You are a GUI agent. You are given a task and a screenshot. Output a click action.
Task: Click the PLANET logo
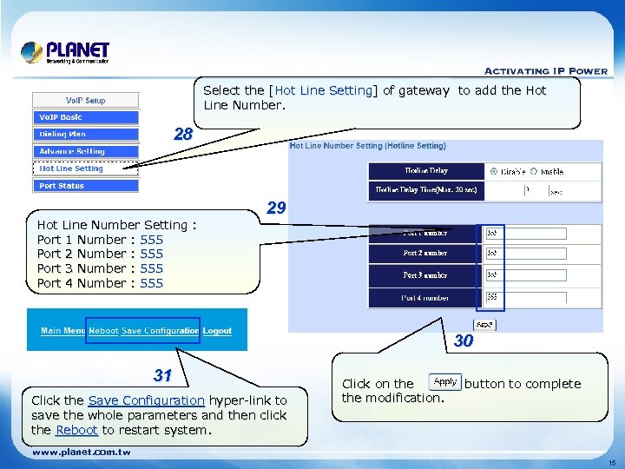pyautogui.click(x=65, y=52)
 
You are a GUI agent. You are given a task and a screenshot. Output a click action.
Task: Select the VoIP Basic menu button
pyautogui.click(x=85, y=117)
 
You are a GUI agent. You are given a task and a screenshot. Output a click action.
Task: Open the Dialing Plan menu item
pyautogui.click(x=85, y=135)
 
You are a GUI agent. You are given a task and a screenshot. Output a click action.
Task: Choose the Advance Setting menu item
pyautogui.click(x=85, y=151)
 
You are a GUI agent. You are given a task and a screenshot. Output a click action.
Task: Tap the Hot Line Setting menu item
pyautogui.click(x=85, y=168)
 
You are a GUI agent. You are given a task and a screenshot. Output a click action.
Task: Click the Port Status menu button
pyautogui.click(x=85, y=186)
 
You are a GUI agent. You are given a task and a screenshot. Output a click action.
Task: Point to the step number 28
pyautogui.click(x=182, y=135)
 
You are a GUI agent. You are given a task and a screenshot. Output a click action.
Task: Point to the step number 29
pyautogui.click(x=276, y=208)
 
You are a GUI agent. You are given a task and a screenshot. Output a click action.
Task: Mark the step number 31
pyautogui.click(x=162, y=376)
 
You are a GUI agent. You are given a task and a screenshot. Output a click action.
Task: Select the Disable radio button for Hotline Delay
pyautogui.click(x=494, y=171)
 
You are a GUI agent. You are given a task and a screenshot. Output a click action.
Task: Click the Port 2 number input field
pyautogui.click(x=525, y=254)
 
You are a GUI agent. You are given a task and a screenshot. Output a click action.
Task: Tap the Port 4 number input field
pyautogui.click(x=525, y=297)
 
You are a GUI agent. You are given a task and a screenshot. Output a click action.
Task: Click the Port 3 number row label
pyautogui.click(x=424, y=275)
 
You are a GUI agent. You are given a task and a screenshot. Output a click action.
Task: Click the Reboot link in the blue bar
pyautogui.click(x=104, y=331)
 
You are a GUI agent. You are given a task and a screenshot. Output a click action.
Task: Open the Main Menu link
pyautogui.click(x=63, y=331)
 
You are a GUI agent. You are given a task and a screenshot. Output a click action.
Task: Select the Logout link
pyautogui.click(x=218, y=331)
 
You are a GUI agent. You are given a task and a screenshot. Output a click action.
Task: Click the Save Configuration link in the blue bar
pyautogui.click(x=161, y=331)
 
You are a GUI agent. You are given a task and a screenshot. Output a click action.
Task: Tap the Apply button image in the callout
pyautogui.click(x=445, y=382)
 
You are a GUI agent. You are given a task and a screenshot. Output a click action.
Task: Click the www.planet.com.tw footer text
pyautogui.click(x=81, y=452)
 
